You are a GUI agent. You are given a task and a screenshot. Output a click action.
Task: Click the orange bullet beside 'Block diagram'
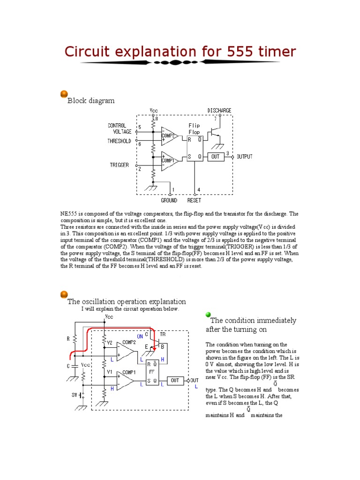(x=64, y=95)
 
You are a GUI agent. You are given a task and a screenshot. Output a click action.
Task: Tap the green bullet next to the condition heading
(x=208, y=315)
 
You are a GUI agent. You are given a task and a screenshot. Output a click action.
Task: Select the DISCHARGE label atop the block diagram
(x=219, y=111)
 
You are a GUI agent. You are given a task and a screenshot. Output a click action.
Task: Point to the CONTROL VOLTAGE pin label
(x=120, y=129)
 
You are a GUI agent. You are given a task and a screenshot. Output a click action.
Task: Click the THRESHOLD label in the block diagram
(x=119, y=141)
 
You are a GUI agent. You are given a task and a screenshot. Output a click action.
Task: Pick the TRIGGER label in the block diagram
(x=119, y=165)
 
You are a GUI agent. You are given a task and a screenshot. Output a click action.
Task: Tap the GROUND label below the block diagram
(x=169, y=201)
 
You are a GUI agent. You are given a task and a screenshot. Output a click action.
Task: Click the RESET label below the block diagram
(x=194, y=201)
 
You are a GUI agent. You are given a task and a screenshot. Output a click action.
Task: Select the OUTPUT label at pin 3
(x=244, y=157)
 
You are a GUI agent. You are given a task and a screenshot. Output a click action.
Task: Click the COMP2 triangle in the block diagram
(x=169, y=136)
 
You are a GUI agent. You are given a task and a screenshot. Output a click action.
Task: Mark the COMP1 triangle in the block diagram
(x=169, y=160)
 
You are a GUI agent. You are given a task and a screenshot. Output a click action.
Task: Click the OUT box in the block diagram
(x=215, y=157)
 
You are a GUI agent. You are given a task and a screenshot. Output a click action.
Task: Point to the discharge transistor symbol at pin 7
(x=216, y=134)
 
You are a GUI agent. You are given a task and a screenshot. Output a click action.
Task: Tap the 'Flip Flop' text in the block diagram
(x=194, y=129)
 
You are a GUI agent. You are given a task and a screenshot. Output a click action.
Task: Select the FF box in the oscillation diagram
(x=152, y=372)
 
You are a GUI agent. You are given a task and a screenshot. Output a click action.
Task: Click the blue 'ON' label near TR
(x=140, y=337)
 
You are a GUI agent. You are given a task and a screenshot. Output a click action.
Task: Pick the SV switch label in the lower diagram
(x=75, y=395)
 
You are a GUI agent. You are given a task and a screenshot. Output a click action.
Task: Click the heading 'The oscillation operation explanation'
(x=127, y=301)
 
